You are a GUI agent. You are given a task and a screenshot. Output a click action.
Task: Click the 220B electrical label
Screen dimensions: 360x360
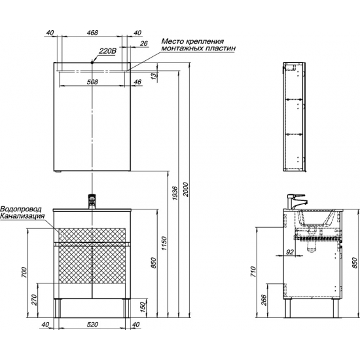(107, 50)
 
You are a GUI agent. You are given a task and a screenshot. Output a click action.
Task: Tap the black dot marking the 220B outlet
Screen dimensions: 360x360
(92, 62)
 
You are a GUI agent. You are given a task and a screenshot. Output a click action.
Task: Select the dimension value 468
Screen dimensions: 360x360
(92, 32)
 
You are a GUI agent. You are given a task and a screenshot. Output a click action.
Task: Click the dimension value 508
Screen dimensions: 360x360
(92, 82)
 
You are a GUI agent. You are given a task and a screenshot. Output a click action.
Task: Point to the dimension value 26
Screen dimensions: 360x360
(144, 43)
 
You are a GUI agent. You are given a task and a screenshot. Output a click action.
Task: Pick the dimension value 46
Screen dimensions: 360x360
(137, 82)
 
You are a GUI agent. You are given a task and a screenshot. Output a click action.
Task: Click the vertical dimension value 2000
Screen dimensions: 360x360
(185, 189)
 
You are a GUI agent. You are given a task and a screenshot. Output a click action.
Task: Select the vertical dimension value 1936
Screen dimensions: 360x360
(175, 193)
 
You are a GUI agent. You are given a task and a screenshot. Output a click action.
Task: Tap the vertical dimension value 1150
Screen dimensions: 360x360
(164, 243)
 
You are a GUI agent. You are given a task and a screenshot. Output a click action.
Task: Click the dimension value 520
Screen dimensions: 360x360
(92, 324)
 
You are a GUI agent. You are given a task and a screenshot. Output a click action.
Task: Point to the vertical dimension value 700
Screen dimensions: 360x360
(24, 272)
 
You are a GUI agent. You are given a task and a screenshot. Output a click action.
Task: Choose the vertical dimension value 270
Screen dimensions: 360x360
(35, 300)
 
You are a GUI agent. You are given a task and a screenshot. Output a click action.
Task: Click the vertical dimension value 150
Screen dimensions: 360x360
(143, 306)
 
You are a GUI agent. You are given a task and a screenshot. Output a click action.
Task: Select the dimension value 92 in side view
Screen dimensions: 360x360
(290, 252)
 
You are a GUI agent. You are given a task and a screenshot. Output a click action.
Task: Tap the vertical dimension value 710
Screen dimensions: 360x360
(253, 272)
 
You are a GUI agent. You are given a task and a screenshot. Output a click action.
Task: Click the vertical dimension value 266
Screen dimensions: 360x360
(264, 300)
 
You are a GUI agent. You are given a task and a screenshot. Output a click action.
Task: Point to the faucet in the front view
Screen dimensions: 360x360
(92, 202)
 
